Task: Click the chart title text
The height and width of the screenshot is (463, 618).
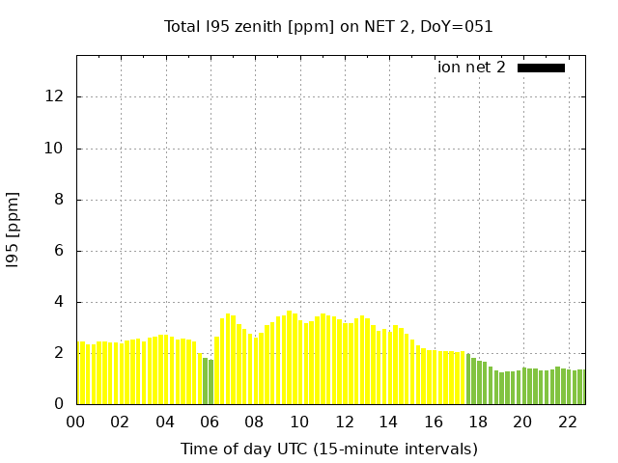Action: click(328, 27)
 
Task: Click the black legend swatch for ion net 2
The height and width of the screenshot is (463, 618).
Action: click(541, 68)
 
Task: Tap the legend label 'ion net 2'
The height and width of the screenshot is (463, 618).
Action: click(471, 68)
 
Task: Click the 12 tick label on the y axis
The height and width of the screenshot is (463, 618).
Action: click(56, 96)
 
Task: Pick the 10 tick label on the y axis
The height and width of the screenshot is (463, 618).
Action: click(56, 149)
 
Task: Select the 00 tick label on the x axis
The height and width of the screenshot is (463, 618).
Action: click(75, 422)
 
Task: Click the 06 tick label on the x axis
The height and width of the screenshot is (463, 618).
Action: click(210, 422)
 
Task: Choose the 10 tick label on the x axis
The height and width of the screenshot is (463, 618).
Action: click(299, 422)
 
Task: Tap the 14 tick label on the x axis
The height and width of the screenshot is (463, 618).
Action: click(388, 422)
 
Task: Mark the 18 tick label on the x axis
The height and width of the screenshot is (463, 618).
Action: click(478, 422)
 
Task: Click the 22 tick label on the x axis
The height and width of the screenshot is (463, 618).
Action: click(567, 422)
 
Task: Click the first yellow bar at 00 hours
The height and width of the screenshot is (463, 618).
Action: click(81, 373)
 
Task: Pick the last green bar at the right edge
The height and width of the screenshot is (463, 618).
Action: click(581, 387)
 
